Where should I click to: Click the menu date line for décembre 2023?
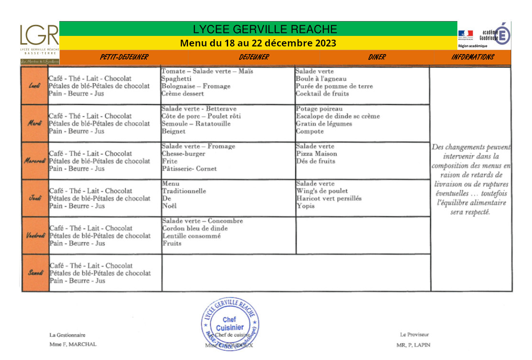(258, 43)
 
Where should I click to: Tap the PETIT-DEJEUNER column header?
(124, 57)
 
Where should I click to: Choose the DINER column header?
(377, 57)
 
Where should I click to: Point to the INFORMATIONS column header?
(472, 57)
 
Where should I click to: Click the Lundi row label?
(35, 86)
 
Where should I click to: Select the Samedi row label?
(35, 273)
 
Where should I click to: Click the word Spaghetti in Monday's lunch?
(177, 79)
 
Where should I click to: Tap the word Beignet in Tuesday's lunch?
(173, 131)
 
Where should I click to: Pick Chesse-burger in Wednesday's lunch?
(184, 154)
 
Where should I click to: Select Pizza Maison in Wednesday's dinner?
(317, 154)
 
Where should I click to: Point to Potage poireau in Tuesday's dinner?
(319, 109)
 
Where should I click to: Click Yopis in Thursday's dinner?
(305, 206)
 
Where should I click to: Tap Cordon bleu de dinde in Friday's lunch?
(195, 228)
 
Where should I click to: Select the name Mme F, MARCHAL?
(73, 344)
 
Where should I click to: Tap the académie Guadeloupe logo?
(484, 35)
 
